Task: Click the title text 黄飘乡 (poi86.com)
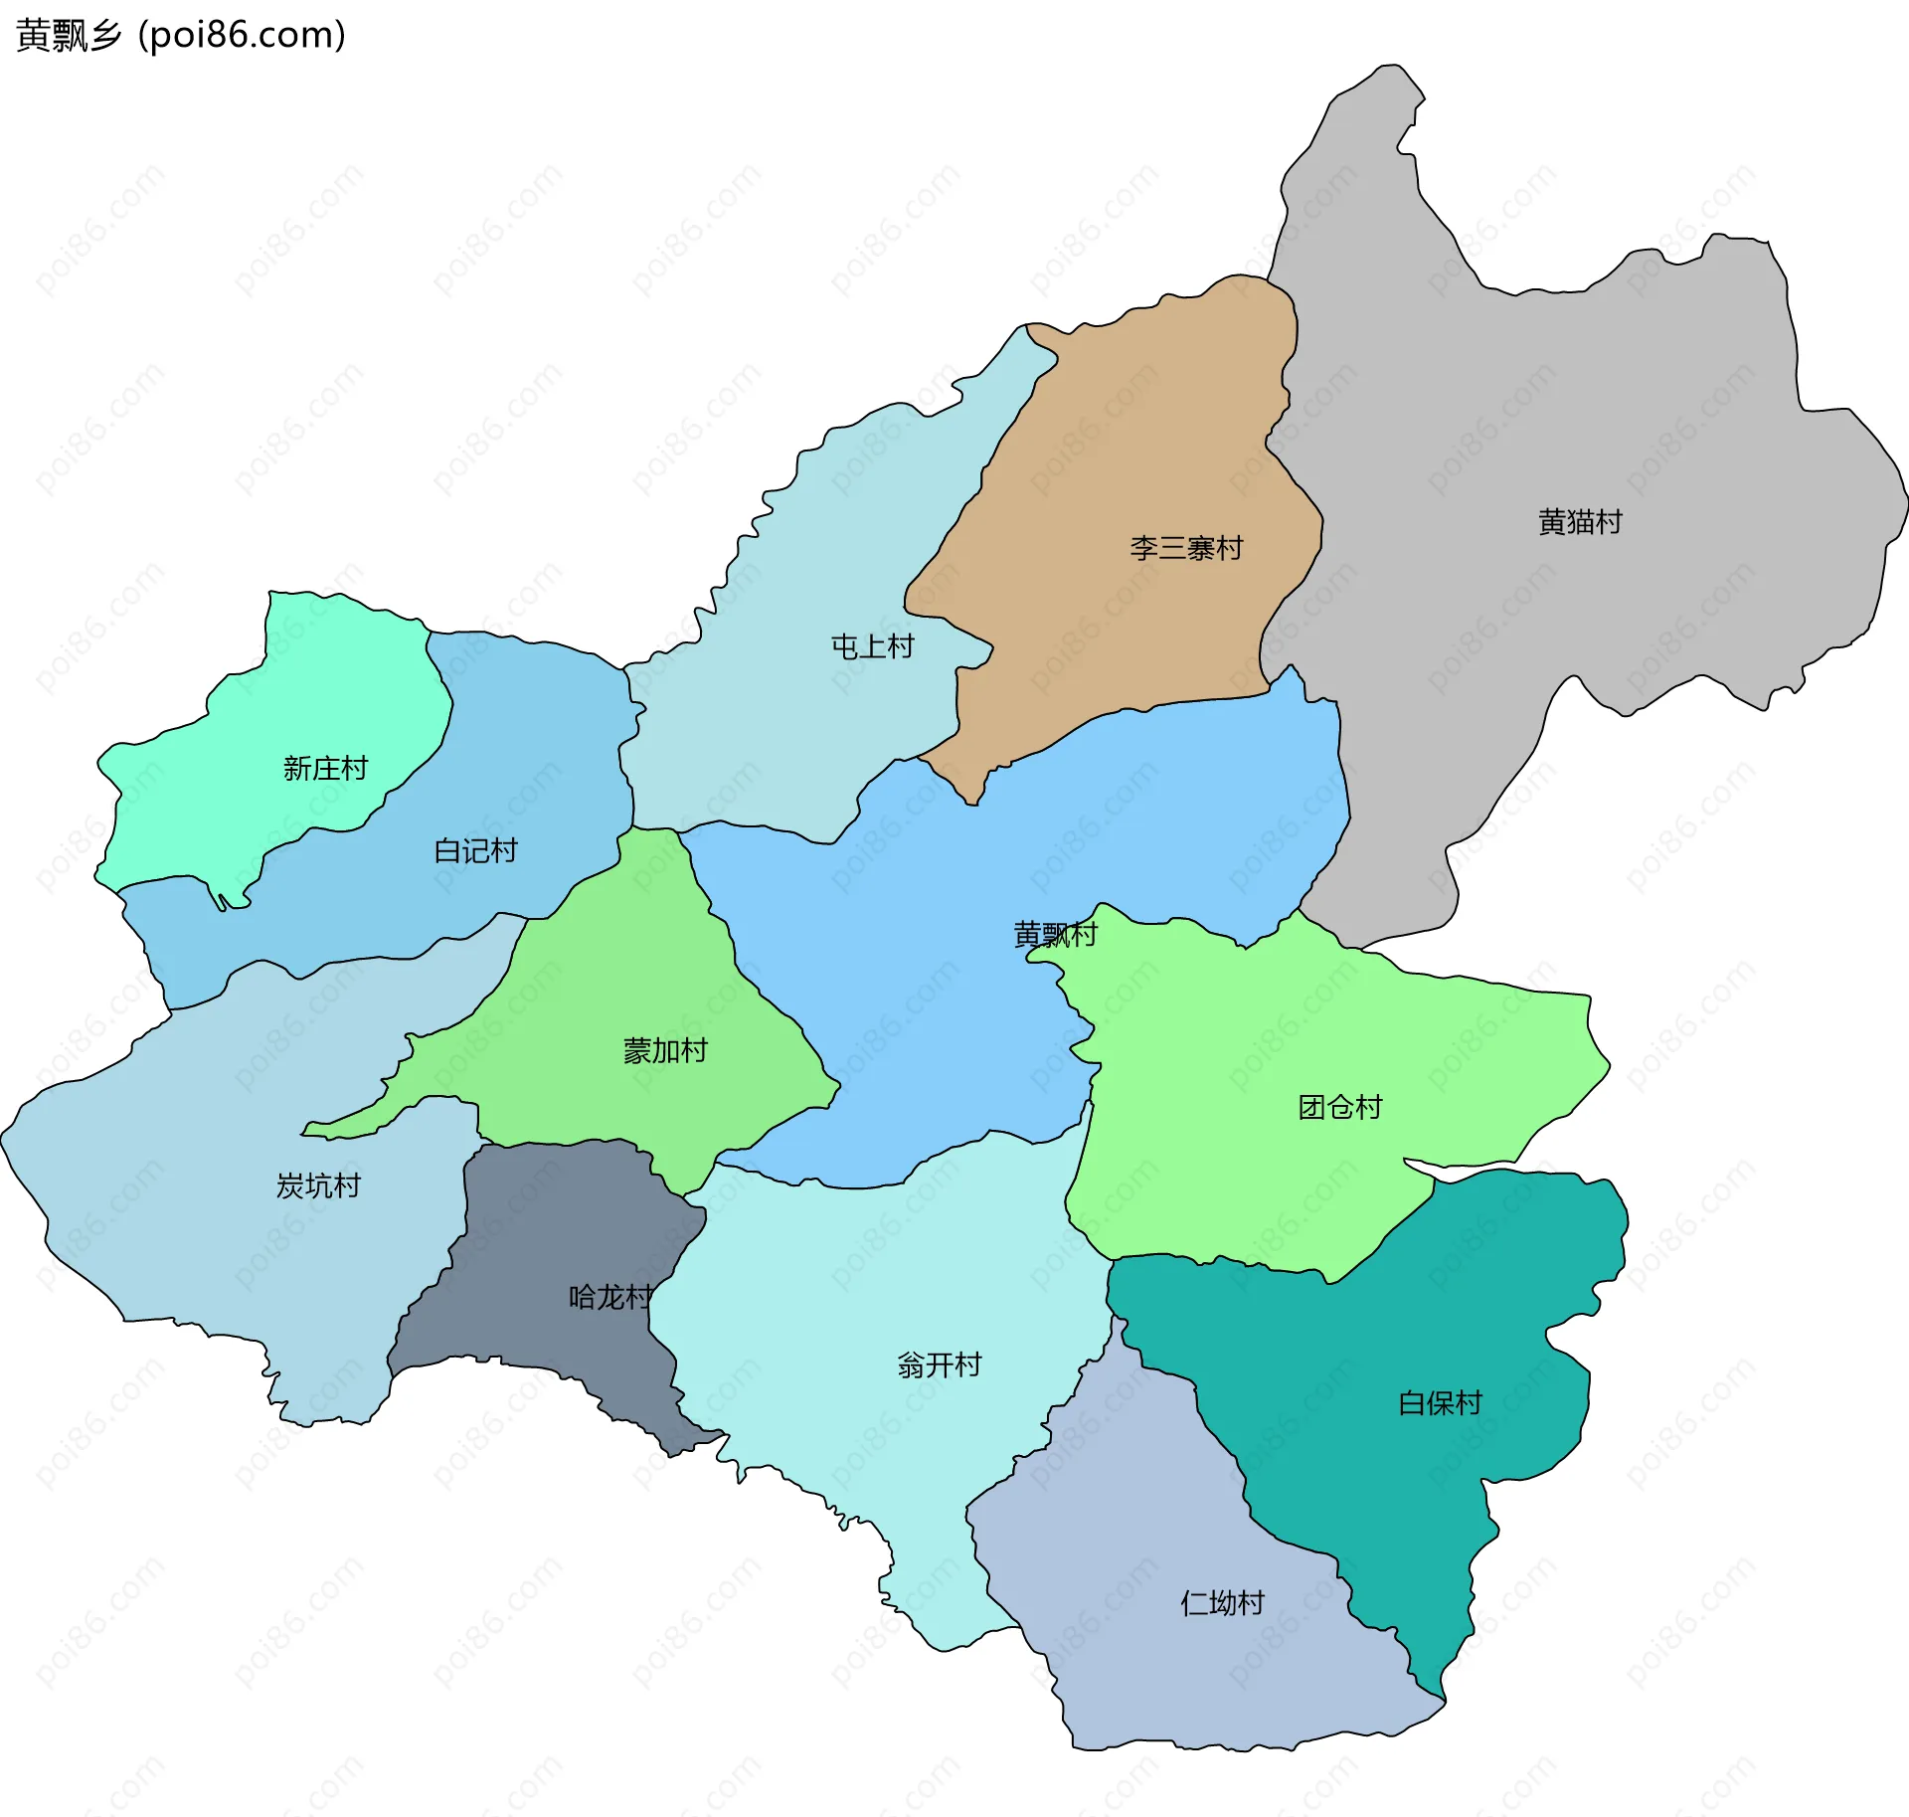point(181,36)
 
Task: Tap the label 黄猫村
point(1580,522)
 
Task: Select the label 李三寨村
point(1185,548)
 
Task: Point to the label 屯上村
point(872,647)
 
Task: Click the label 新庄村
point(325,769)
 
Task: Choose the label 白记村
point(475,851)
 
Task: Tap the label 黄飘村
point(1055,935)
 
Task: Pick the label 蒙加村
point(665,1051)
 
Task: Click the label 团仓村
point(1339,1108)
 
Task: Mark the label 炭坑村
point(318,1186)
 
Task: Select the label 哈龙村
point(609,1298)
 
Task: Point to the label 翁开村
point(939,1365)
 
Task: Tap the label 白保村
point(1440,1403)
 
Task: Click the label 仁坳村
point(1222,1603)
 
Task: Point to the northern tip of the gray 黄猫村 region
point(1387,85)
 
